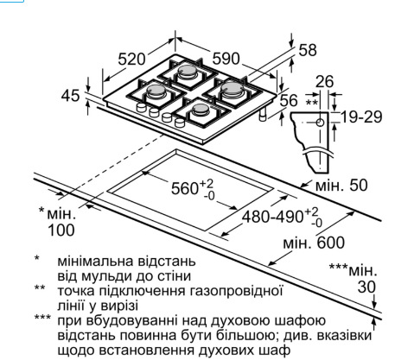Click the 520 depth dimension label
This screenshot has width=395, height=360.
pyautogui.click(x=132, y=60)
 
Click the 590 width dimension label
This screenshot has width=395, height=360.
pyautogui.click(x=226, y=59)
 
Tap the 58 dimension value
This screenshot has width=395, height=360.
pyautogui.click(x=308, y=50)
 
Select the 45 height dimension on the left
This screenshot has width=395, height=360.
pyautogui.click(x=70, y=96)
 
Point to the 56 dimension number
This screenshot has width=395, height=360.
pyautogui.click(x=289, y=101)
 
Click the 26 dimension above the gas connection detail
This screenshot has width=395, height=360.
pyautogui.click(x=325, y=82)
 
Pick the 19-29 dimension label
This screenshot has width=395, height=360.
pyautogui.click(x=361, y=117)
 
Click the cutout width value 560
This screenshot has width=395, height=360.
pyautogui.click(x=185, y=189)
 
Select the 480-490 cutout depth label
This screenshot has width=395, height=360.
pyautogui.click(x=272, y=217)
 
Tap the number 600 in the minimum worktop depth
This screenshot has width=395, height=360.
pyautogui.click(x=331, y=243)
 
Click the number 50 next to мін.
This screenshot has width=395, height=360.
pyautogui.click(x=359, y=186)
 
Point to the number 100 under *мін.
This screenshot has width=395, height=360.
pyautogui.click(x=61, y=231)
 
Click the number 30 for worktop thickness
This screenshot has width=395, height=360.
pyautogui.click(x=366, y=287)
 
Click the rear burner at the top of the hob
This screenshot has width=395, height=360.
pyautogui.click(x=187, y=71)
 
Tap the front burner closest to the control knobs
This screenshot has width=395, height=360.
pyautogui.click(x=200, y=110)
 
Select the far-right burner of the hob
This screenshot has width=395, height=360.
pyautogui.click(x=232, y=89)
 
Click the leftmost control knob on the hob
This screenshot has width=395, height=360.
pyautogui.click(x=141, y=107)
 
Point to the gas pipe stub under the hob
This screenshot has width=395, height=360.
pyautogui.click(x=264, y=115)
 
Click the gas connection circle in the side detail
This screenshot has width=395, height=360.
pyautogui.click(x=320, y=123)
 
